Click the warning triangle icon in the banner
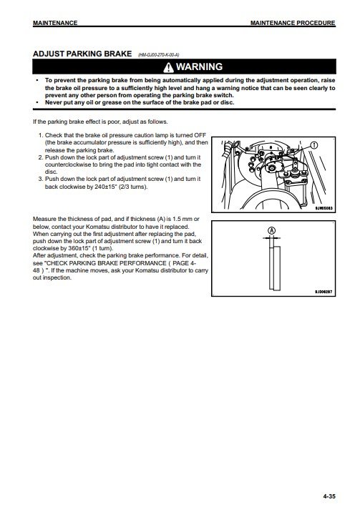(169, 67)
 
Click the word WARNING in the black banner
(199, 67)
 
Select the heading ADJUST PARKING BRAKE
(82, 54)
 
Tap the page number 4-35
(329, 496)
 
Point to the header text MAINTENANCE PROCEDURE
(293, 23)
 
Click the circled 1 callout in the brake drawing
(314, 144)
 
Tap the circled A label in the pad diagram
(272, 230)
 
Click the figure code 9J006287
(323, 292)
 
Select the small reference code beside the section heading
(158, 55)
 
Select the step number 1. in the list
(41, 135)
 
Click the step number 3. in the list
(41, 179)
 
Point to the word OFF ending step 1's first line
(200, 135)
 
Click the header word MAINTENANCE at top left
(55, 23)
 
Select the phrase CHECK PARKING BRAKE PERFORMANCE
(107, 263)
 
